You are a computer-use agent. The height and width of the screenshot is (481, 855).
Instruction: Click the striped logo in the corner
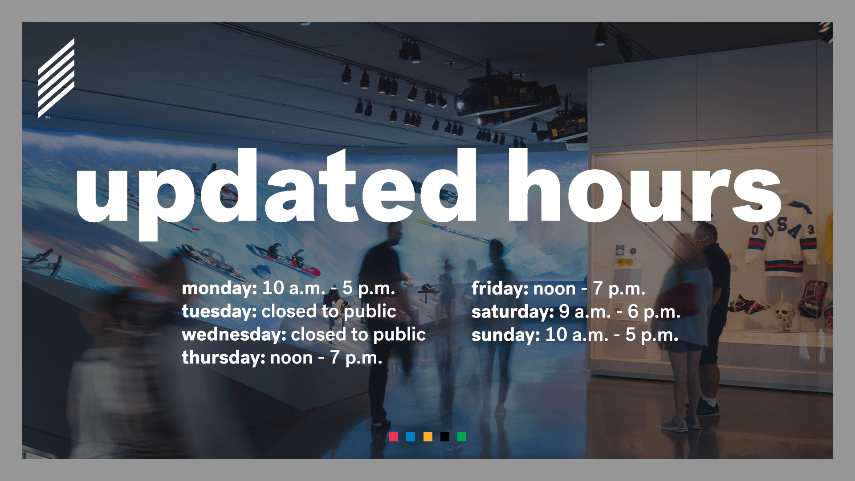(56, 78)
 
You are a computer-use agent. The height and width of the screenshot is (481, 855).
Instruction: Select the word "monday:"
(220, 289)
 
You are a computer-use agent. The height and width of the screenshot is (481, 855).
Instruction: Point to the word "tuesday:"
(219, 311)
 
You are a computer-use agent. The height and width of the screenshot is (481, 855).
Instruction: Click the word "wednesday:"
(234, 334)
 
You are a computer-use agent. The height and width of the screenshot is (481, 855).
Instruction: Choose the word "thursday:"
(224, 358)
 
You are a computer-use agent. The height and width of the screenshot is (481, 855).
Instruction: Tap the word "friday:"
(500, 289)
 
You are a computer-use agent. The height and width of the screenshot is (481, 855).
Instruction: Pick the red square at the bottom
(394, 436)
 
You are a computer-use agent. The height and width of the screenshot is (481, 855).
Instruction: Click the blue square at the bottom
(411, 436)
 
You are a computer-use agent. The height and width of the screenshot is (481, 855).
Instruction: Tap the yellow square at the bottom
(428, 436)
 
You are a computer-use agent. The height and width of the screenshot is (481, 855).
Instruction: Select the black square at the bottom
(445, 436)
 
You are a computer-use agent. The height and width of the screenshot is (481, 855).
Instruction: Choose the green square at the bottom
(462, 436)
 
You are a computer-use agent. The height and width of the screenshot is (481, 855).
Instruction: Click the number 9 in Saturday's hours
(564, 311)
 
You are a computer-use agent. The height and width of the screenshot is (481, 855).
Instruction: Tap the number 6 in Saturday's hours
(633, 311)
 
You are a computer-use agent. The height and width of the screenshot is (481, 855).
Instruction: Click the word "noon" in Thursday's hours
(291, 358)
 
